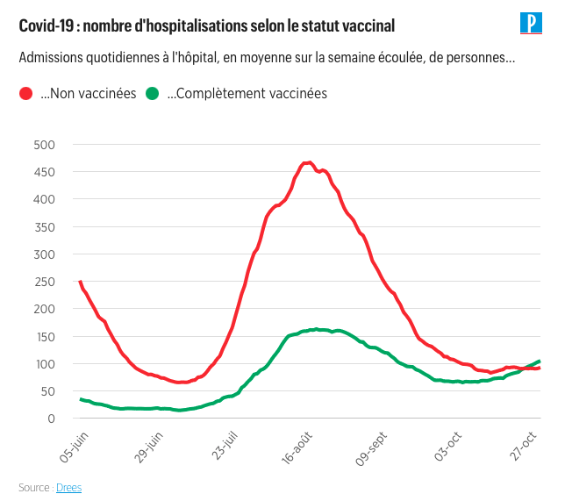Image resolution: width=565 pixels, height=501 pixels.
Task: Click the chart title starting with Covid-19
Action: pyautogui.click(x=207, y=26)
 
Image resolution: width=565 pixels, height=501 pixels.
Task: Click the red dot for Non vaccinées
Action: pyautogui.click(x=26, y=94)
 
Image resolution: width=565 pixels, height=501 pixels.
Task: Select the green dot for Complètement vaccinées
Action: pyautogui.click(x=152, y=94)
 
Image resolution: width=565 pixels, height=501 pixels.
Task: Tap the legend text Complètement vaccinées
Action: pyautogui.click(x=247, y=94)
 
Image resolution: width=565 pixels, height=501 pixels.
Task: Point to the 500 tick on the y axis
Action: pyautogui.click(x=44, y=145)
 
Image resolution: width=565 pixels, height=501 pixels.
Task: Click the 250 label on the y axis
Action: pyautogui.click(x=44, y=282)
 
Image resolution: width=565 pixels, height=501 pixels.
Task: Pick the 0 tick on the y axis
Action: pyautogui.click(x=51, y=419)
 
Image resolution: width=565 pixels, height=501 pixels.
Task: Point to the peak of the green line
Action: pyautogui.click(x=315, y=329)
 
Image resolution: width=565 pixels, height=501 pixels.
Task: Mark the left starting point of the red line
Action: pyautogui.click(x=80, y=282)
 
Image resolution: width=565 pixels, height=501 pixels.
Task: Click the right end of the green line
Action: pyautogui.click(x=539, y=361)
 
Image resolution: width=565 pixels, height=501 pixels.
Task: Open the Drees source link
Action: pyautogui.click(x=68, y=487)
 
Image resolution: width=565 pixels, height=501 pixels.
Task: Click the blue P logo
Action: pyautogui.click(x=532, y=24)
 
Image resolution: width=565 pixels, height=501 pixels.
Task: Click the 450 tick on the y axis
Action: pyautogui.click(x=44, y=172)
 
